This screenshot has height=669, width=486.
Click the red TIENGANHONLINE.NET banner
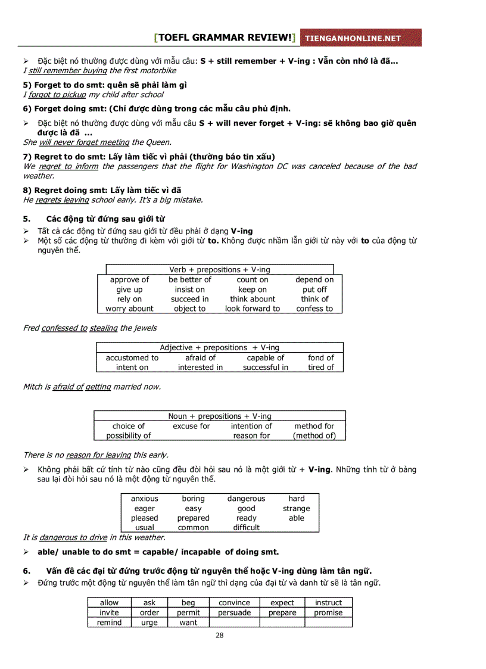point(360,38)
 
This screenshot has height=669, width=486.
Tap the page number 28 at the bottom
point(220,635)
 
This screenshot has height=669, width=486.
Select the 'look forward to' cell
point(252,309)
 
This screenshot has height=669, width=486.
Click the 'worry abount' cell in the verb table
point(129,309)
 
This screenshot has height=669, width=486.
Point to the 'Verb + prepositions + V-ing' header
point(219,270)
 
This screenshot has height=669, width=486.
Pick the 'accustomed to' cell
point(132,357)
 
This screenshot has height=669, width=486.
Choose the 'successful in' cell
point(265,368)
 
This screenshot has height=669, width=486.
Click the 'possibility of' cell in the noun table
point(129,435)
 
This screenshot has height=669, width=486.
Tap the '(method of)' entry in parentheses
point(314,435)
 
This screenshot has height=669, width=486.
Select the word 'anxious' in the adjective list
point(145,499)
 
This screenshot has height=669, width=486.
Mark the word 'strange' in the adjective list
point(296,509)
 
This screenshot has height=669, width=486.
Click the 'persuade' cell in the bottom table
point(234,612)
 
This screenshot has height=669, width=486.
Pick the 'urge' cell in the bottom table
point(149,623)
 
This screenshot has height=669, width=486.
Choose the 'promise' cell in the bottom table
point(328,612)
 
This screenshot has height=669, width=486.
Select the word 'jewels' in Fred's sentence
point(144,328)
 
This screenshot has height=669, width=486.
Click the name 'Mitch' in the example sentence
point(32,387)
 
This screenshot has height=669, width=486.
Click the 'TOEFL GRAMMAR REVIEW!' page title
point(225,38)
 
